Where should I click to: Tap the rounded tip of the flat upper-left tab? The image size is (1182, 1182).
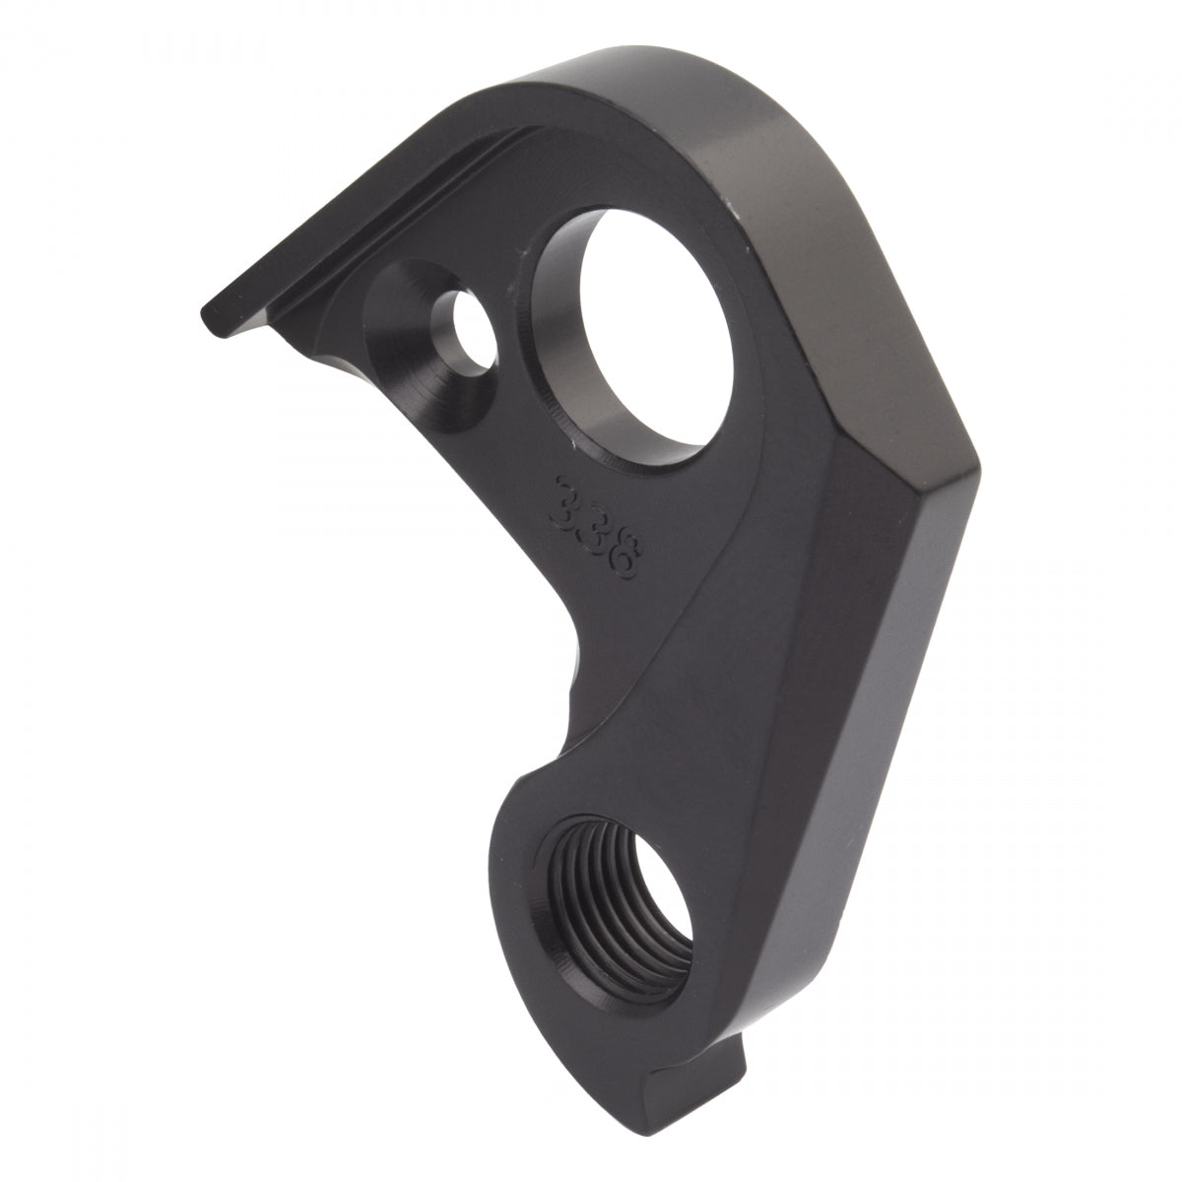(x=209, y=321)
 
